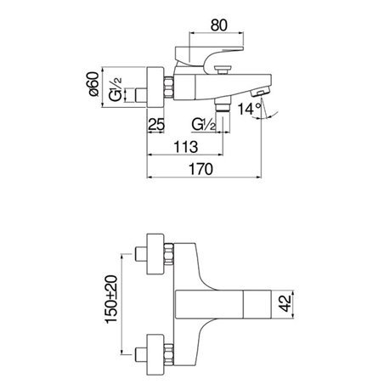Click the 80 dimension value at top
coord(218,25)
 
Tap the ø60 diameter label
coord(93,84)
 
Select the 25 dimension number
coord(156,124)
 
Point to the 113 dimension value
coord(185,147)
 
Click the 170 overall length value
coord(200,169)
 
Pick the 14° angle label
coord(249,109)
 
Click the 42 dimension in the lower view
coord(285,303)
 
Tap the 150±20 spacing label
coord(111,299)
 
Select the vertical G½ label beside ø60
coord(116,89)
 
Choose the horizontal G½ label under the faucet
coord(204,124)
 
